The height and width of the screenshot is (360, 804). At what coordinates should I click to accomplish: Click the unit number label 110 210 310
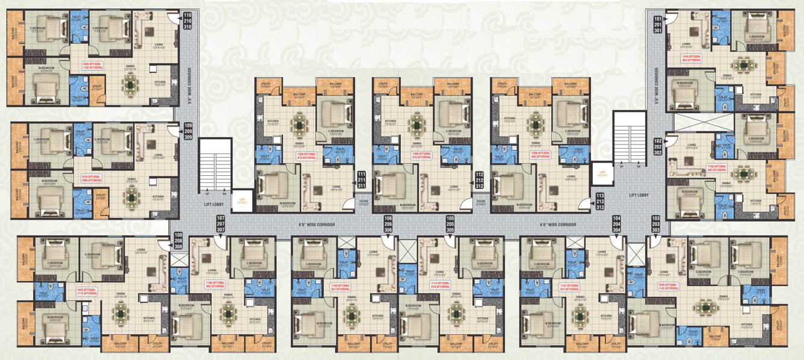point(187,21)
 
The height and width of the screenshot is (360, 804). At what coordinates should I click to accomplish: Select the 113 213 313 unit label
point(600,202)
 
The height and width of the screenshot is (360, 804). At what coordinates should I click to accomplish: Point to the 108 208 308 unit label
point(178,241)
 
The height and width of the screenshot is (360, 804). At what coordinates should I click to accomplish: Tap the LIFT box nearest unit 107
point(243,200)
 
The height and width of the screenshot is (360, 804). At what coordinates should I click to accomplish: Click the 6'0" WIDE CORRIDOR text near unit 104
point(558,225)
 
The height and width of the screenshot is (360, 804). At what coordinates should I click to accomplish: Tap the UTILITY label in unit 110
point(97,87)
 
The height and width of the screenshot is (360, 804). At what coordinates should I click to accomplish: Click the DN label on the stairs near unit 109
point(224,194)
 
